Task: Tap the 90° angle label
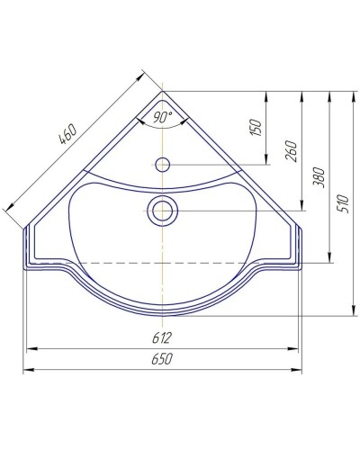pos(162,117)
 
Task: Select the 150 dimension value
pos(257,129)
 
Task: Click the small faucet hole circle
pos(163,165)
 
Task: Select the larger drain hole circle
pos(163,211)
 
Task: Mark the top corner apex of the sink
pos(163,91)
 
